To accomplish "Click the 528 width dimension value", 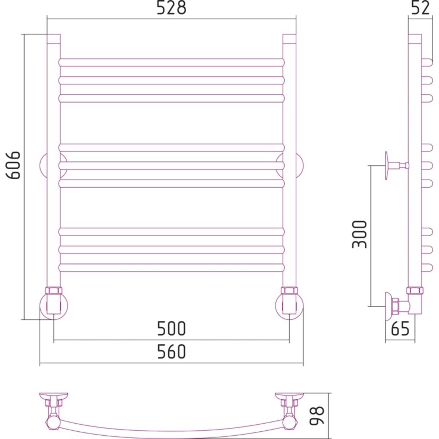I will click(171, 8).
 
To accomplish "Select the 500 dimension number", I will click(171, 329).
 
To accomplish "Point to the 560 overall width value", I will click(171, 352).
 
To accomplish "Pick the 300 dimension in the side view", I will click(359, 234).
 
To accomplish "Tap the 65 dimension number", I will click(400, 329).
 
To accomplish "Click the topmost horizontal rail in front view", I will click(171, 62).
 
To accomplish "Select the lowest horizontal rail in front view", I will click(171, 267).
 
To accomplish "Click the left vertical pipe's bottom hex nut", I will click(54, 291).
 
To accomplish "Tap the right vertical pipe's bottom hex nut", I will click(289, 291).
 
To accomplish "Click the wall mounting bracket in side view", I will click(389, 166).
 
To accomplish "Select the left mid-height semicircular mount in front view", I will click(43, 165).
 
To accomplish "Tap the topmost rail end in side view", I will click(427, 62).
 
